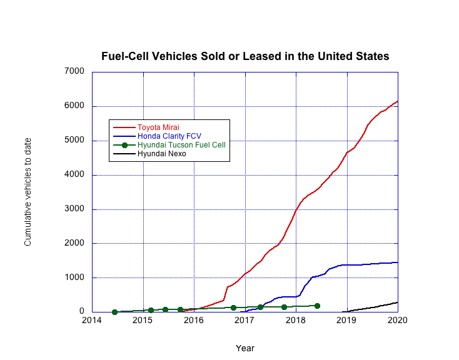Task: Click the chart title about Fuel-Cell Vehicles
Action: [x=245, y=56]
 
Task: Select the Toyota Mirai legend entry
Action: [x=158, y=127]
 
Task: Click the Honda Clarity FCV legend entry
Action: [x=169, y=136]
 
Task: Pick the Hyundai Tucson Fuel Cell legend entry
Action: [x=181, y=144]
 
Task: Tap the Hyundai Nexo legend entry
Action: [x=161, y=153]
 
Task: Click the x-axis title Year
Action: [x=245, y=348]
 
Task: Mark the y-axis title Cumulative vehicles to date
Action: [x=28, y=191]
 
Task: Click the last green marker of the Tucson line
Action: [x=317, y=306]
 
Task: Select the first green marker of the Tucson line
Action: [x=114, y=312]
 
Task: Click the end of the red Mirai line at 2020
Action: [x=397, y=101]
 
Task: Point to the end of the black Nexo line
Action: [x=397, y=302]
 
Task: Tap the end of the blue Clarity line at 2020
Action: [x=397, y=262]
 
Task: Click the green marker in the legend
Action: [x=124, y=144]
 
